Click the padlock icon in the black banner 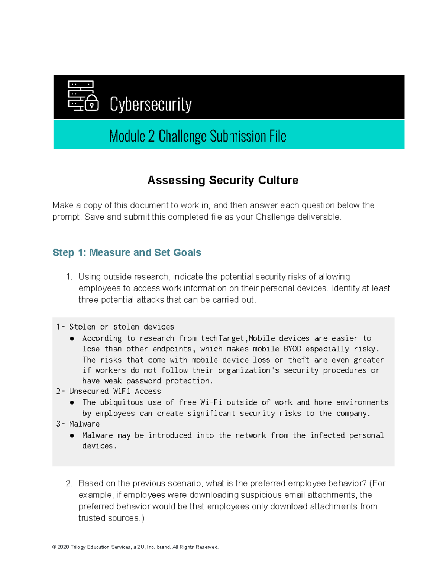pos(92,103)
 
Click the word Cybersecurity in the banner pos(151,104)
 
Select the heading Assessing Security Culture pos(223,180)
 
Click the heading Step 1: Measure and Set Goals pos(127,253)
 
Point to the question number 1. pos(68,277)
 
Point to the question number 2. pos(68,483)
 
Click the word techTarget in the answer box pos(222,338)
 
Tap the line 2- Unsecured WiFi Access pos(109,391)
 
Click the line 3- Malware pos(78,424)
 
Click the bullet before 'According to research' pos(72,338)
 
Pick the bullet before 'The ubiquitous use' pos(72,402)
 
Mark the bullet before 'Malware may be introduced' pos(72,435)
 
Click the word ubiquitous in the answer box pos(122,402)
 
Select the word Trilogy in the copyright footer pos(78,547)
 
